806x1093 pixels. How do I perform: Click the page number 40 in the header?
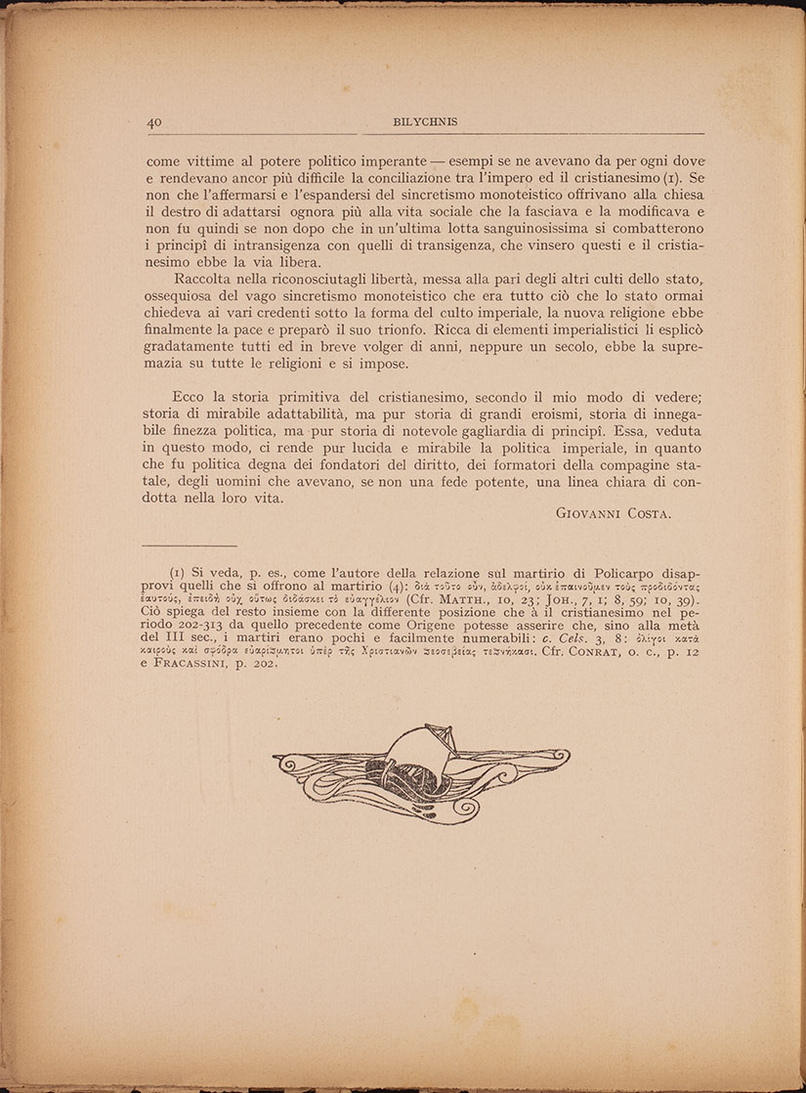pyautogui.click(x=154, y=123)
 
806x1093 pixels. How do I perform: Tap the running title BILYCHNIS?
pyautogui.click(x=425, y=123)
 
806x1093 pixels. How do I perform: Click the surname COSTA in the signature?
pyautogui.click(x=642, y=513)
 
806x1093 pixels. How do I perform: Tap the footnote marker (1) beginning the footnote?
pyautogui.click(x=178, y=572)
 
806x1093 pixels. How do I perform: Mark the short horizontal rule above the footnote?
pyautogui.click(x=190, y=545)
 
